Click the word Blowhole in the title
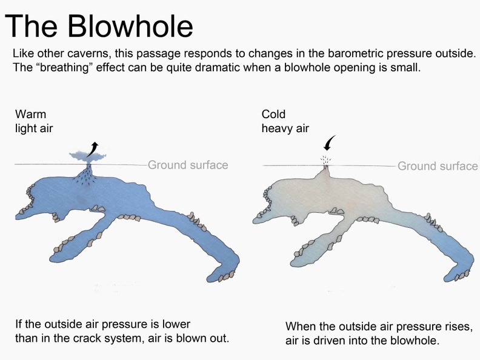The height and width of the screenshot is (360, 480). pyautogui.click(x=130, y=25)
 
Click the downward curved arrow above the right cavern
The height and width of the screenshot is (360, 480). pyautogui.click(x=329, y=142)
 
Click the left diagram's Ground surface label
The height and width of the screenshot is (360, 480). pyautogui.click(x=188, y=165)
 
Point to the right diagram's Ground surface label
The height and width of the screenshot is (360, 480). pyautogui.click(x=438, y=166)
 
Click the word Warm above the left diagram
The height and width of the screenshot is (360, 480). pyautogui.click(x=31, y=114)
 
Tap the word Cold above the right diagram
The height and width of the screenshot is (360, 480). pyautogui.click(x=273, y=114)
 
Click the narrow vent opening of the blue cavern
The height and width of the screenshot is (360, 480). pyautogui.click(x=88, y=168)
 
